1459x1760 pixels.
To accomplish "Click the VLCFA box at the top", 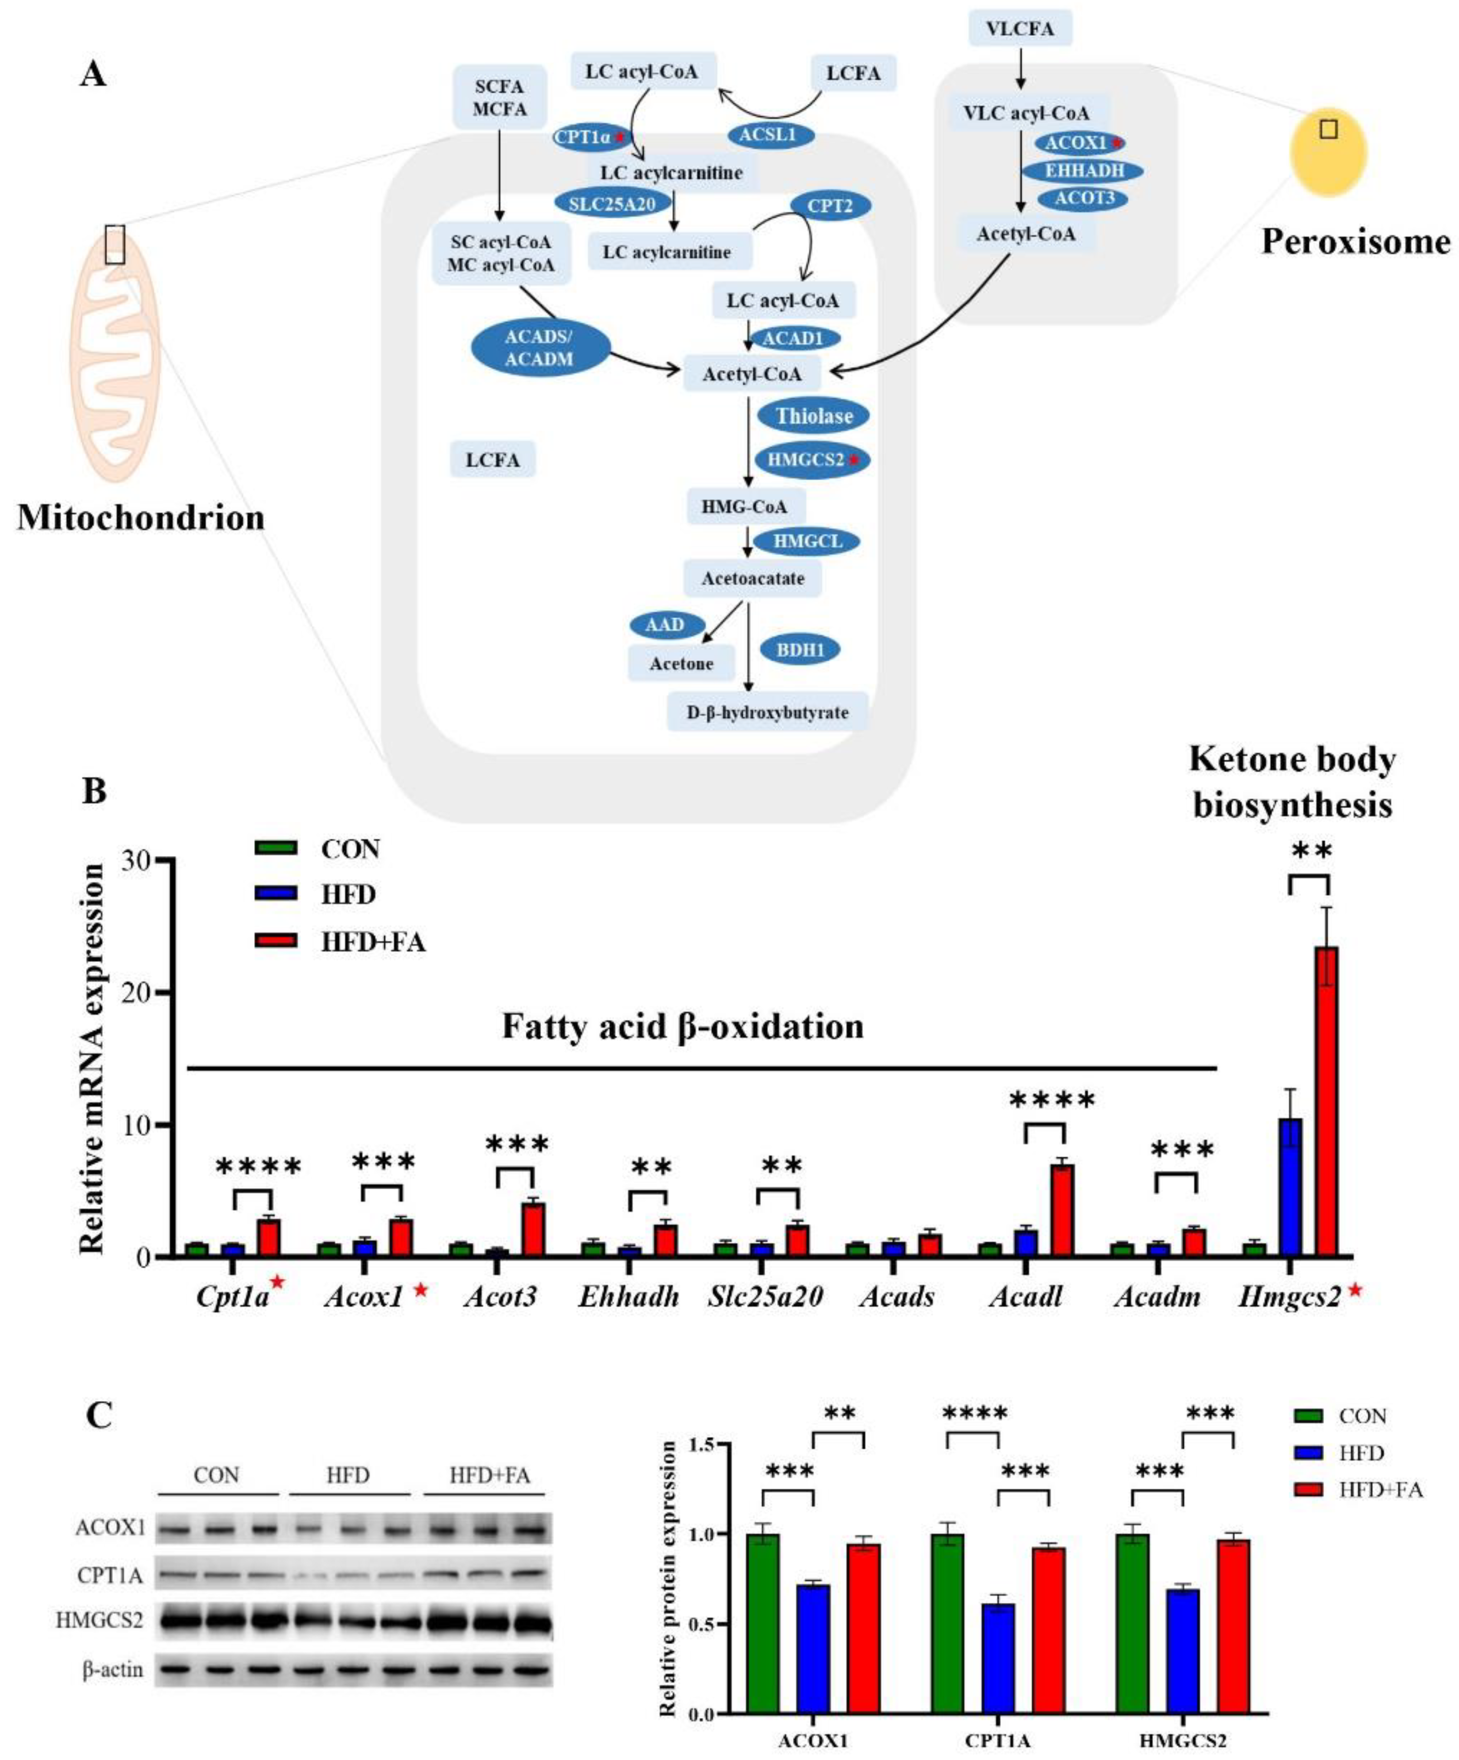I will [x=1020, y=28].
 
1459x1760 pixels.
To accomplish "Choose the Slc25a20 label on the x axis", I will [x=764, y=1297].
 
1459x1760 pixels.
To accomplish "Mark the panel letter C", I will [x=99, y=1416].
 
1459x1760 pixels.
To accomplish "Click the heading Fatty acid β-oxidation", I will [x=682, y=1027].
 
